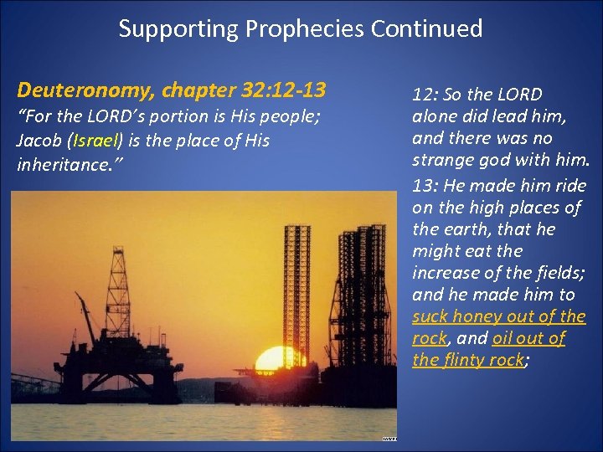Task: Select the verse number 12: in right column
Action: point(426,95)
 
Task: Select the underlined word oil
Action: point(503,338)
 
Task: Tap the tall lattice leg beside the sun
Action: point(297,285)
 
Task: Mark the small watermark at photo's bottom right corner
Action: point(389,437)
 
